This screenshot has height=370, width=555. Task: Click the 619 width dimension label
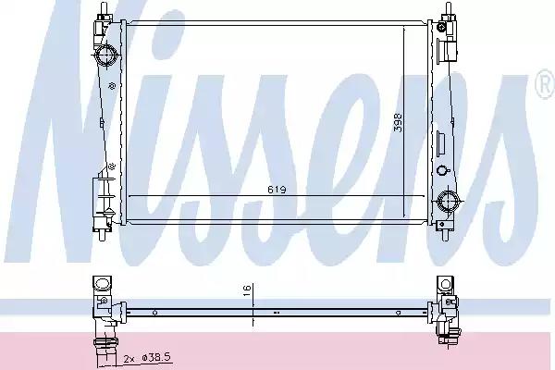(x=277, y=190)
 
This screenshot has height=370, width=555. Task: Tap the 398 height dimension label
(x=398, y=122)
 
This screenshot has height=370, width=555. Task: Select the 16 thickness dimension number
(x=247, y=290)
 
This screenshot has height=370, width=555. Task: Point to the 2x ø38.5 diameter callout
(x=148, y=358)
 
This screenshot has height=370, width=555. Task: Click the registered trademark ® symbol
(x=546, y=84)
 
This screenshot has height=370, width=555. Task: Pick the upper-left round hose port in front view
(x=106, y=55)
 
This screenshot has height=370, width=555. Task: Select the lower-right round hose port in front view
(x=448, y=202)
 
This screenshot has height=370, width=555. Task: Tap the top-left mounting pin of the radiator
(x=104, y=9)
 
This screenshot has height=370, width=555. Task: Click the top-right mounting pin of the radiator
(x=449, y=9)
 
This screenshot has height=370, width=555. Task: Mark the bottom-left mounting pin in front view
(x=103, y=235)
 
